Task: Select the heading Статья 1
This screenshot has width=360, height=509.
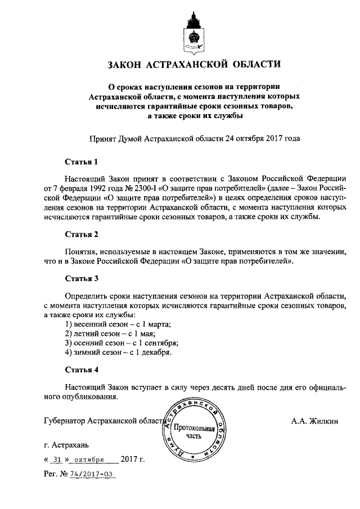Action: [82, 162]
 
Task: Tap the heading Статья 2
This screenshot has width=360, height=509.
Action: [82, 233]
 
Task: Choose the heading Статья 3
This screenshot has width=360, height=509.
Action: [82, 278]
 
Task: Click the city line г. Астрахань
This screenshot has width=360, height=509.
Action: [66, 444]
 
